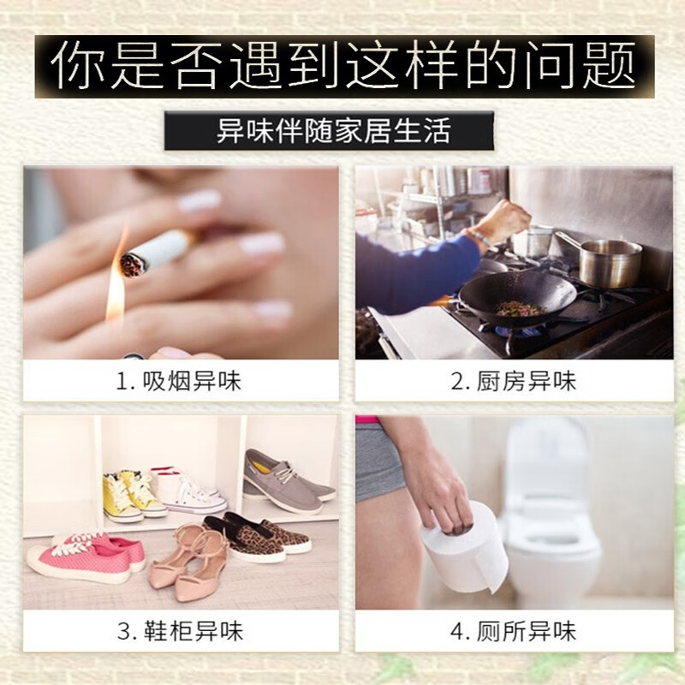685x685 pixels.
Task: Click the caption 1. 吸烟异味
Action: pos(179,381)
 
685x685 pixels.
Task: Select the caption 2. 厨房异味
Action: pos(514,381)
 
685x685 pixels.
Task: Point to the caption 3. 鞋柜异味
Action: pos(179,632)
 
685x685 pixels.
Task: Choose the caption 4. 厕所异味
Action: pos(514,632)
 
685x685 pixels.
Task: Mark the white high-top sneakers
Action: pos(185,488)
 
